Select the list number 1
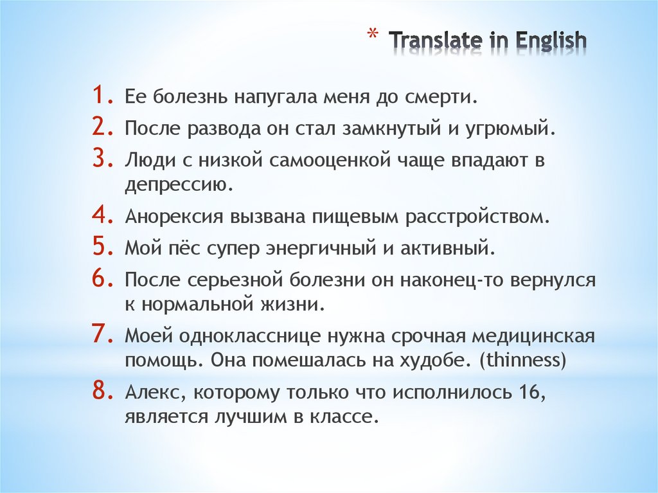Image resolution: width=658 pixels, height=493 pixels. (103, 98)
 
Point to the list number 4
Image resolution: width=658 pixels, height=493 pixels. (103, 216)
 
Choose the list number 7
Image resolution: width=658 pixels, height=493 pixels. (103, 335)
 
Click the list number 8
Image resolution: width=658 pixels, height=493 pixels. (103, 391)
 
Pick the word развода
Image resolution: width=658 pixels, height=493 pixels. (226, 129)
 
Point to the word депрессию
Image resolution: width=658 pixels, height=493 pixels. (178, 185)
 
